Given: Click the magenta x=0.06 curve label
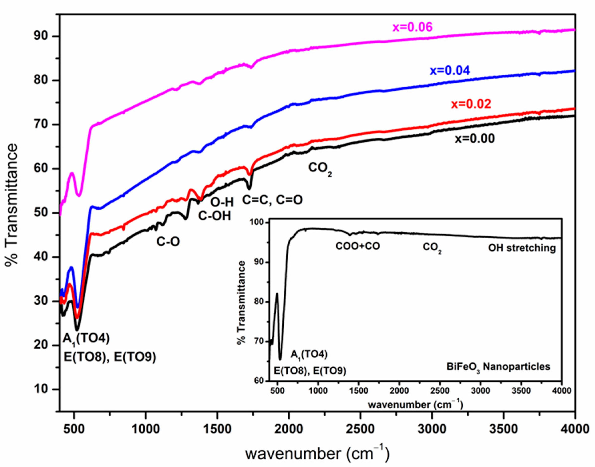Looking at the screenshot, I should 412,27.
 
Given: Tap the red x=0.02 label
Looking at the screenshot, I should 471,104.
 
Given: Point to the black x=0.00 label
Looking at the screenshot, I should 475,139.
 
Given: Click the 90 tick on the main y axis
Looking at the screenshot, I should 41,36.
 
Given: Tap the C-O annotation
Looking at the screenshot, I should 168,241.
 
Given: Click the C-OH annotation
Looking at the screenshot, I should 215,216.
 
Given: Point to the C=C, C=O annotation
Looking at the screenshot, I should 272,200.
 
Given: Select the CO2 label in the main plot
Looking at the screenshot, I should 320,168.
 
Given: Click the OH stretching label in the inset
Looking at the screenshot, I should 522,248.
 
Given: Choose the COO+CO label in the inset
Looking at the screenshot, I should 358,246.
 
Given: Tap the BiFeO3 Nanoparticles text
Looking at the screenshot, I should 498,367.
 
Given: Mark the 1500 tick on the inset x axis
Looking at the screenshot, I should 359,391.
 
